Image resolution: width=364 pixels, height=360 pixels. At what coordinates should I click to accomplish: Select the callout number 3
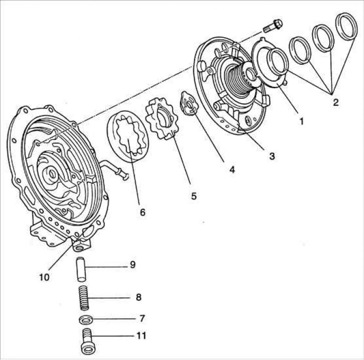(x=271, y=156)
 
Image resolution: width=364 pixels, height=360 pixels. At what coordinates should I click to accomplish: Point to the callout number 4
(x=231, y=169)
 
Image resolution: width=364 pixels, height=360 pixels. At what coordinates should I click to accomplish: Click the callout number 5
(x=194, y=195)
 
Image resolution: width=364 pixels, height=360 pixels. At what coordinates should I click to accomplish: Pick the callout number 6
(x=143, y=212)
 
